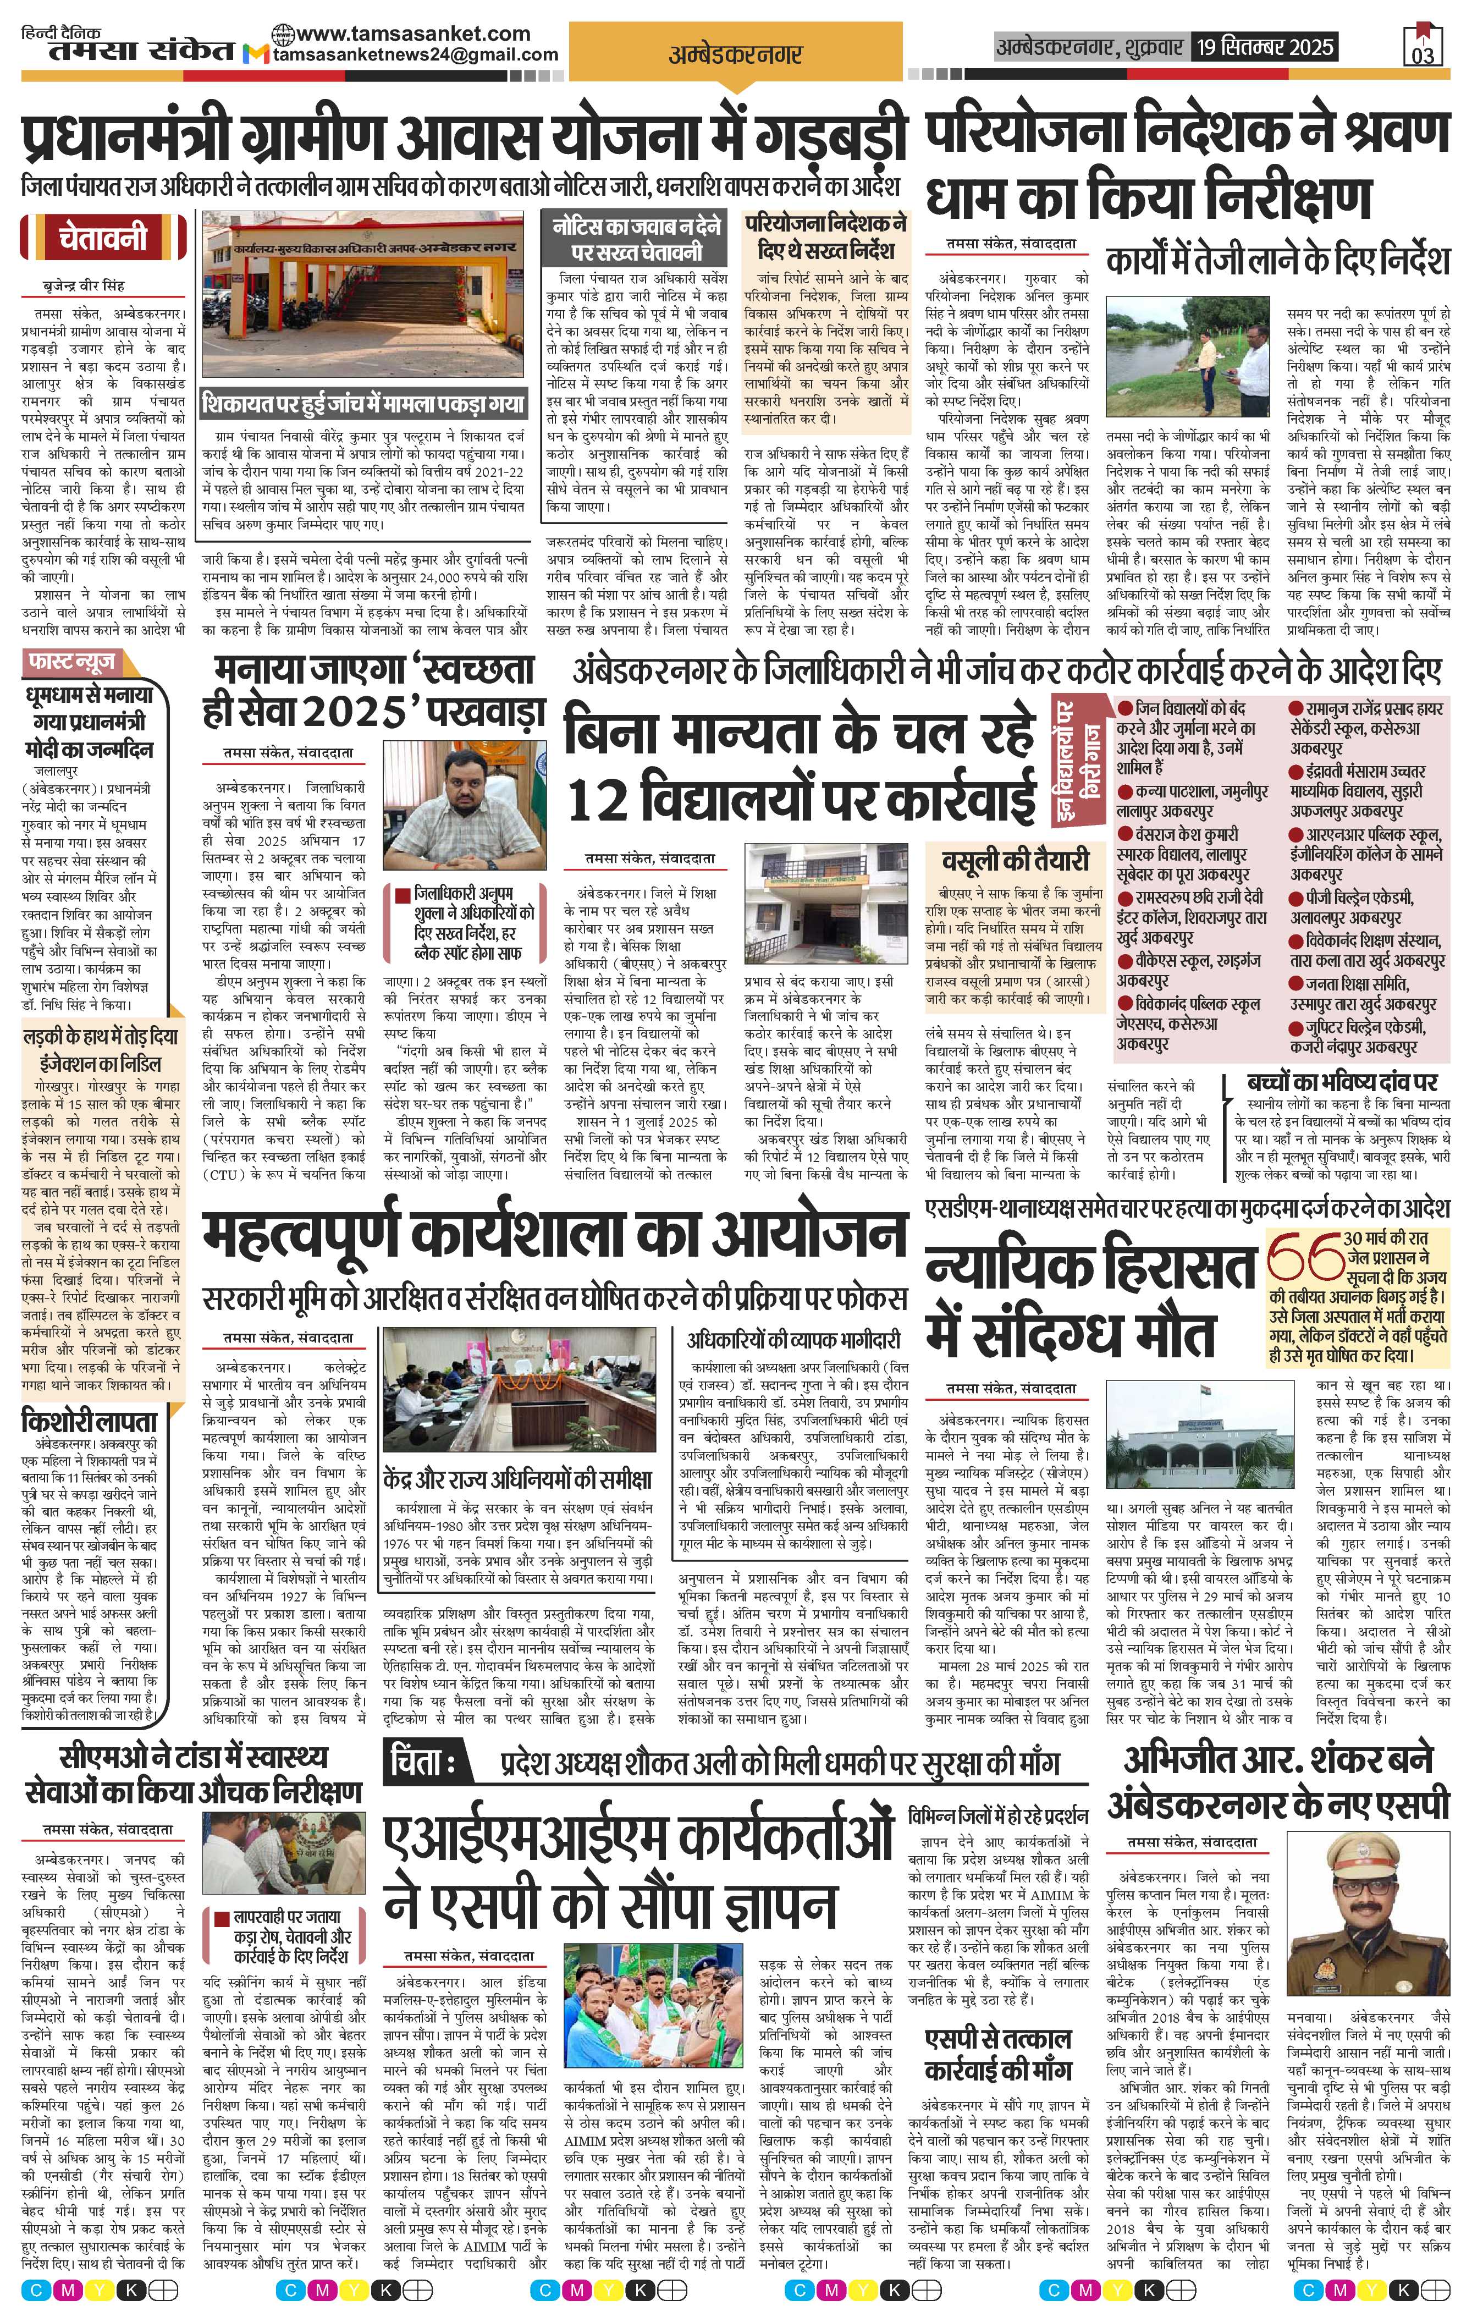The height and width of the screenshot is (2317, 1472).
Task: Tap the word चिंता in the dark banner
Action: (424, 1762)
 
